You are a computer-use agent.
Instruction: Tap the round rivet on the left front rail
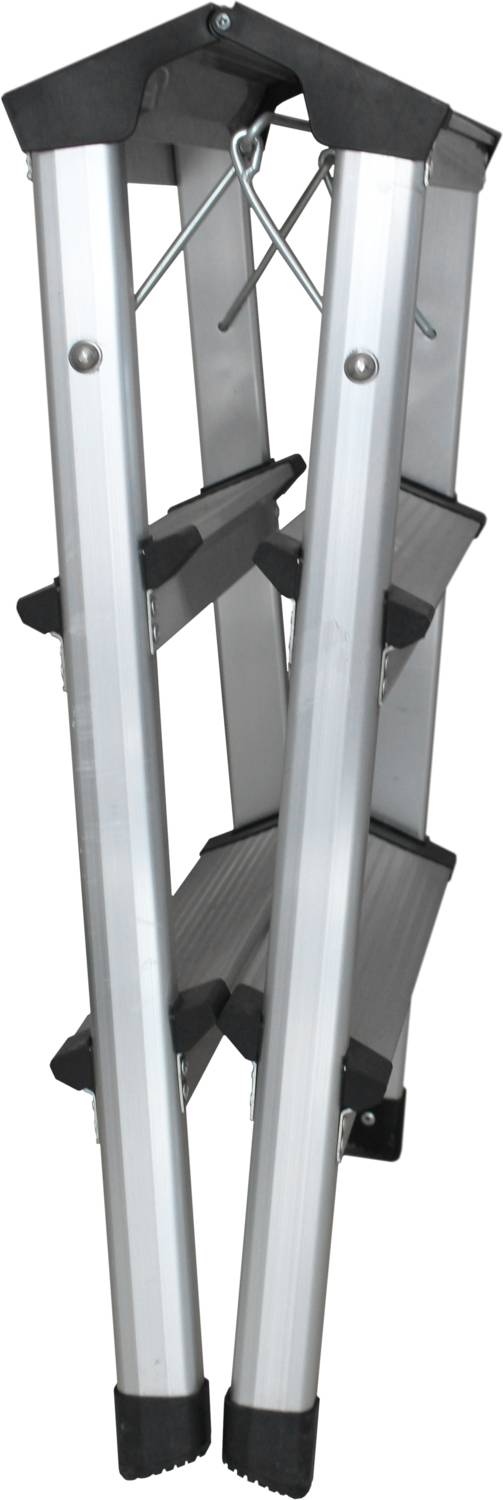point(85,354)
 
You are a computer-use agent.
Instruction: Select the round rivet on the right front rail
point(360,364)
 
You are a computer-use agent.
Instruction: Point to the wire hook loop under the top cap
point(247,150)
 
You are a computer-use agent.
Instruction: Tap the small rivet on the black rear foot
point(369,1117)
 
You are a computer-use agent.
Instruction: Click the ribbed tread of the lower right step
point(395,920)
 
